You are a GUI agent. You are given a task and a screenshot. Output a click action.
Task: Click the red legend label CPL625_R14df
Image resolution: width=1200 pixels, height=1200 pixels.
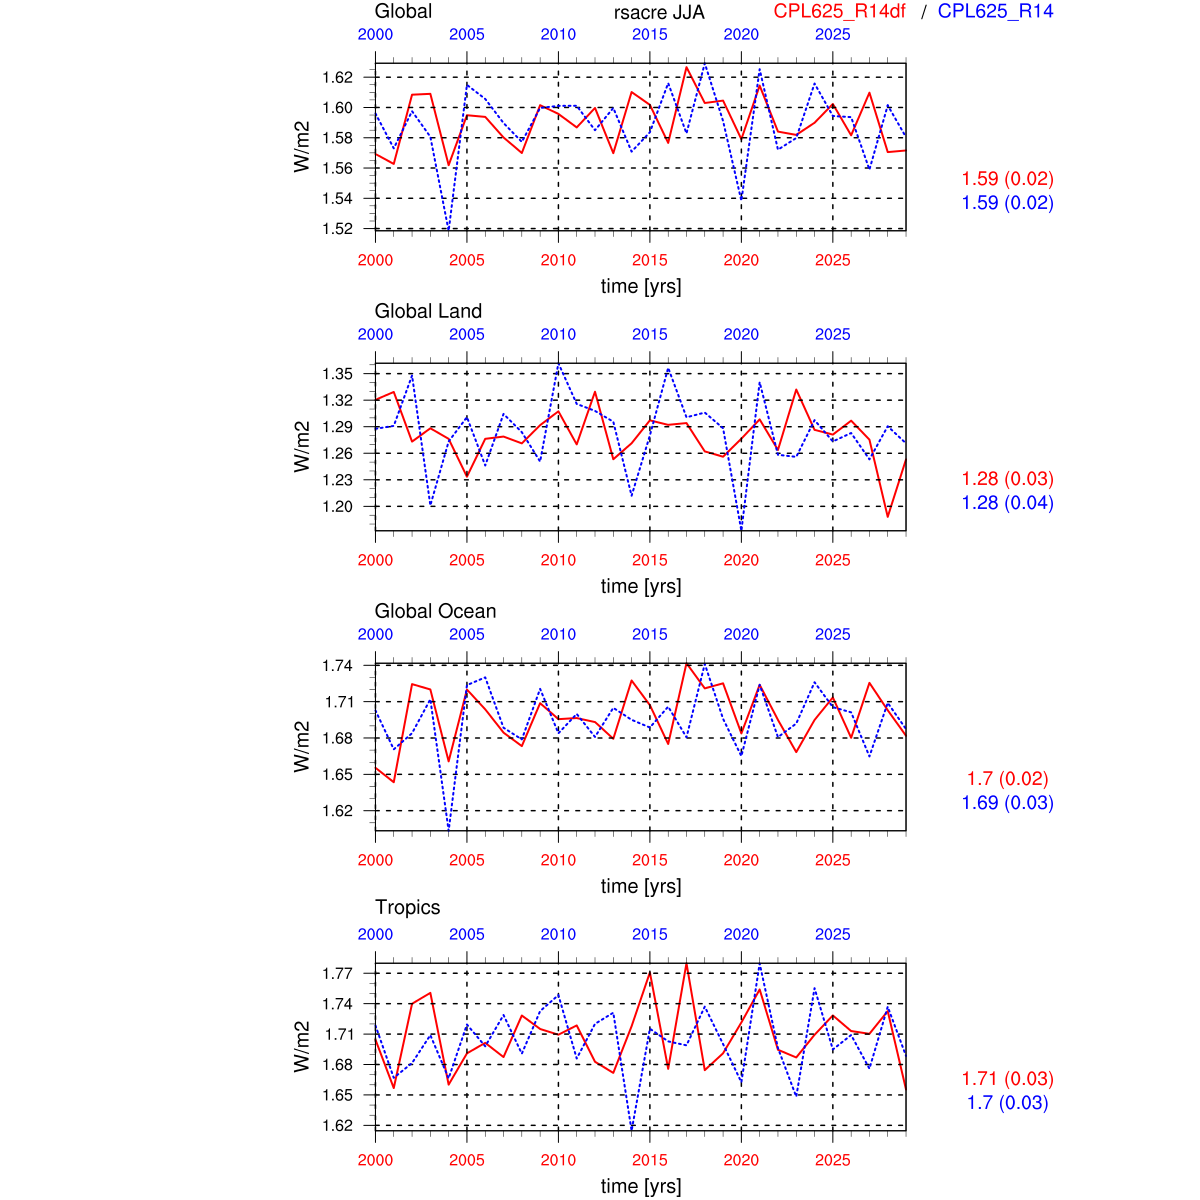pyautogui.click(x=839, y=11)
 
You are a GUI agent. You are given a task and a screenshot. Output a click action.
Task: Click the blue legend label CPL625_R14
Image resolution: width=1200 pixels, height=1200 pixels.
pyautogui.click(x=995, y=11)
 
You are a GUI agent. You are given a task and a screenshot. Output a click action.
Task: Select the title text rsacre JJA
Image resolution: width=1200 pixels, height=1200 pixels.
pyautogui.click(x=659, y=12)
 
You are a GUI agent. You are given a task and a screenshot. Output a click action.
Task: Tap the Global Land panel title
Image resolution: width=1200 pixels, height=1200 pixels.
pyautogui.click(x=428, y=311)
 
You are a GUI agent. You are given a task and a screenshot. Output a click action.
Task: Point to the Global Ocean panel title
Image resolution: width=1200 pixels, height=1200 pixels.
pyautogui.click(x=435, y=611)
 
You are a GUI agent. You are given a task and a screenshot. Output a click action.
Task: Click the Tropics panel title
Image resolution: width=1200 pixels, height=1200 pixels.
pyautogui.click(x=407, y=907)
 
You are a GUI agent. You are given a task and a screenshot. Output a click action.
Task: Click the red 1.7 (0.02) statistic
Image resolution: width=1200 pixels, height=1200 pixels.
pyautogui.click(x=1007, y=778)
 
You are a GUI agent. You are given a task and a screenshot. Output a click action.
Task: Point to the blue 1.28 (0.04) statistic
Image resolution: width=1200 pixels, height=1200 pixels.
pyautogui.click(x=1007, y=503)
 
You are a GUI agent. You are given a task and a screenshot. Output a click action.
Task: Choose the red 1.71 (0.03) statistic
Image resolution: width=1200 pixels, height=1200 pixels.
pyautogui.click(x=1007, y=1078)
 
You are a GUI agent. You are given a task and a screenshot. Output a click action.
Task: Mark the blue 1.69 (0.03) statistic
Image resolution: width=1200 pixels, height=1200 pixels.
pyautogui.click(x=1007, y=803)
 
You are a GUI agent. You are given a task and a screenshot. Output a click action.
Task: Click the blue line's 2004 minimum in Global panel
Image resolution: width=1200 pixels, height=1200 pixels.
pyautogui.click(x=448, y=230)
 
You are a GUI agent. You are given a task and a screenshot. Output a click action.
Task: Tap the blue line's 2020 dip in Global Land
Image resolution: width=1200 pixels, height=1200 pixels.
pyautogui.click(x=741, y=527)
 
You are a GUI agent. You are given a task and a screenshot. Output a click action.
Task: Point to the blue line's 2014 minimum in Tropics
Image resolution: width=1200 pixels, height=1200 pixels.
pyautogui.click(x=632, y=1130)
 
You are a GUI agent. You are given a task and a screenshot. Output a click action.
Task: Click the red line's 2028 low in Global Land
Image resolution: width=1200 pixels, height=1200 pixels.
pyautogui.click(x=887, y=516)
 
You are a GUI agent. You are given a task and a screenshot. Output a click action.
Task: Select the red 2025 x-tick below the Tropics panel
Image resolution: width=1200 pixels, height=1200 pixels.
pyautogui.click(x=832, y=1160)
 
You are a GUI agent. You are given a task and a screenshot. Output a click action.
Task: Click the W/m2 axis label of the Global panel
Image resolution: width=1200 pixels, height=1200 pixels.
pyautogui.click(x=302, y=147)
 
